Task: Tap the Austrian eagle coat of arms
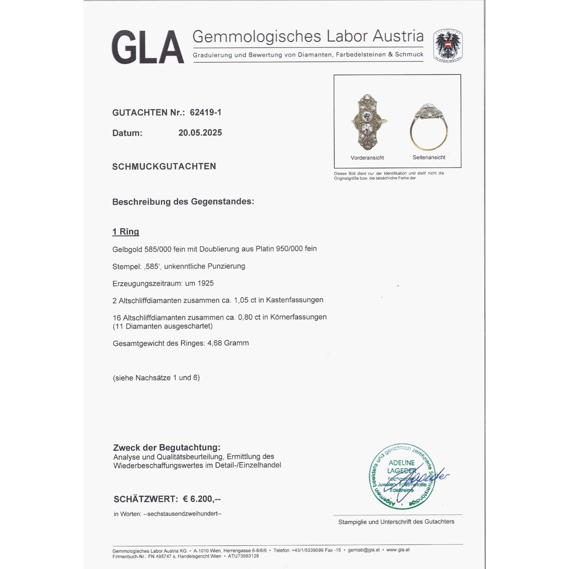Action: coord(448,46)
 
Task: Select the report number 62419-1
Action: coord(206,112)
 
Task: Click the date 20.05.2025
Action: coord(200,133)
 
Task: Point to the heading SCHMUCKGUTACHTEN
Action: coord(164,167)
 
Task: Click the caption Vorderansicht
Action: coord(367,158)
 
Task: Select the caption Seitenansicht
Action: coord(429,158)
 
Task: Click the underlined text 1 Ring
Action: coord(126,232)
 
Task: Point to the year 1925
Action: coord(206,283)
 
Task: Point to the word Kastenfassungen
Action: coord(294,300)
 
